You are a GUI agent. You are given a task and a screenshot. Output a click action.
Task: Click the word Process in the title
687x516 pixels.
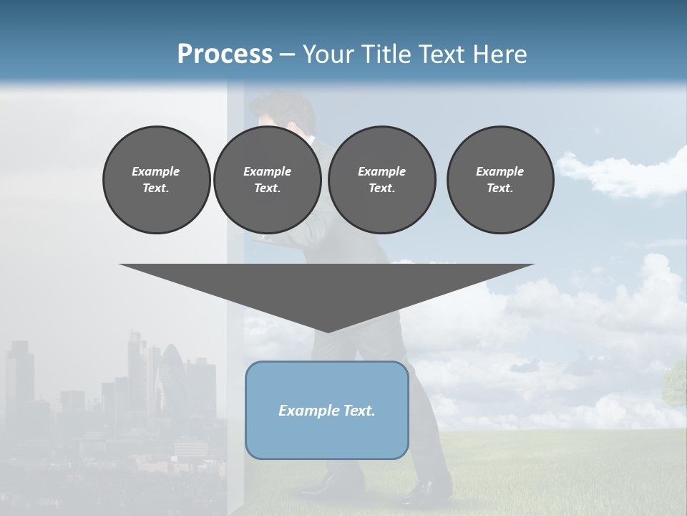click(225, 54)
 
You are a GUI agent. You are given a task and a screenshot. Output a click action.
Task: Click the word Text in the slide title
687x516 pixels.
click(441, 54)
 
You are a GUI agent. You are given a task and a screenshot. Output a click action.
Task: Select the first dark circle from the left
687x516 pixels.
click(157, 179)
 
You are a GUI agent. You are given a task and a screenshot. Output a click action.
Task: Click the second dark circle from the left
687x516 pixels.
click(268, 179)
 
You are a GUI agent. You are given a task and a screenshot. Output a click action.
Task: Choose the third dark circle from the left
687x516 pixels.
click(382, 179)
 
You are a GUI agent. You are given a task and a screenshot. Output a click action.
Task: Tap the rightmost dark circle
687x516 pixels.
click(500, 179)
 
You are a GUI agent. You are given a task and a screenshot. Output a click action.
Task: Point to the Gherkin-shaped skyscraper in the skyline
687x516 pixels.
click(172, 380)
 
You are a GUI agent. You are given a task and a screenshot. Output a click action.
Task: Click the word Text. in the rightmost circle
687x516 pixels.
click(500, 188)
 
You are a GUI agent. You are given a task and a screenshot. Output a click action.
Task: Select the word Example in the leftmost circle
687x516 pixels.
click(156, 171)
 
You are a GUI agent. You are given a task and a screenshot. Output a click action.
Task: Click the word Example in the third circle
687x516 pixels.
click(382, 171)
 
